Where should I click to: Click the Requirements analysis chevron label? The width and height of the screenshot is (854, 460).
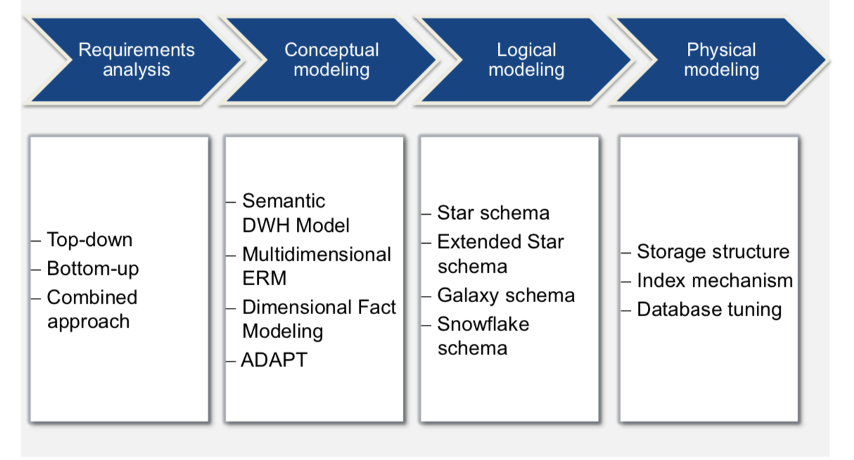coord(136,60)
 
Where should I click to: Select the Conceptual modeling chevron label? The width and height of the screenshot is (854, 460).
coord(331,60)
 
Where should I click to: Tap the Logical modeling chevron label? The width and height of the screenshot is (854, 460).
coord(526,60)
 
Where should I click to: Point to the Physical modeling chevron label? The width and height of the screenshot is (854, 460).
coord(721,60)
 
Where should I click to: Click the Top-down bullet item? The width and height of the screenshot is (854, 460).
coord(89,240)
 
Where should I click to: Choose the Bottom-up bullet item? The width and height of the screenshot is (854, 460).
coord(93,268)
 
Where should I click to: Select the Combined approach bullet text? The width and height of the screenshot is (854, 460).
coord(91,309)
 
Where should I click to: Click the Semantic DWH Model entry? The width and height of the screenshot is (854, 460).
coord(295,213)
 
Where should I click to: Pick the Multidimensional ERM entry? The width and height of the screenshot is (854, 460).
coord(316,266)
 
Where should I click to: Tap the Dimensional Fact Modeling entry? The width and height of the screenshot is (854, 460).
coord(319,319)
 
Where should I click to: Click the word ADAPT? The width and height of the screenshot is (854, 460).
coord(274,360)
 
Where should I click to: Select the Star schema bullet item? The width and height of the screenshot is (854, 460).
coord(493,213)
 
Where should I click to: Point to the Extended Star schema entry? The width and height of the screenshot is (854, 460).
coord(500,254)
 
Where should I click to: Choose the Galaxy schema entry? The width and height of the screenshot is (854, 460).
coord(506,295)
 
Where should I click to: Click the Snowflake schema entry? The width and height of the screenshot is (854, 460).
coord(483,336)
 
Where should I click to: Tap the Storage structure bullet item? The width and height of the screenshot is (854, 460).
coord(713,251)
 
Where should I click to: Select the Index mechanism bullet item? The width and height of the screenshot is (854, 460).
coord(714,280)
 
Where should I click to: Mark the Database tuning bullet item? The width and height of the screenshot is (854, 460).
coord(709,309)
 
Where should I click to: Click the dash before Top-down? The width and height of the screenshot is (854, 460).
coord(37,240)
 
